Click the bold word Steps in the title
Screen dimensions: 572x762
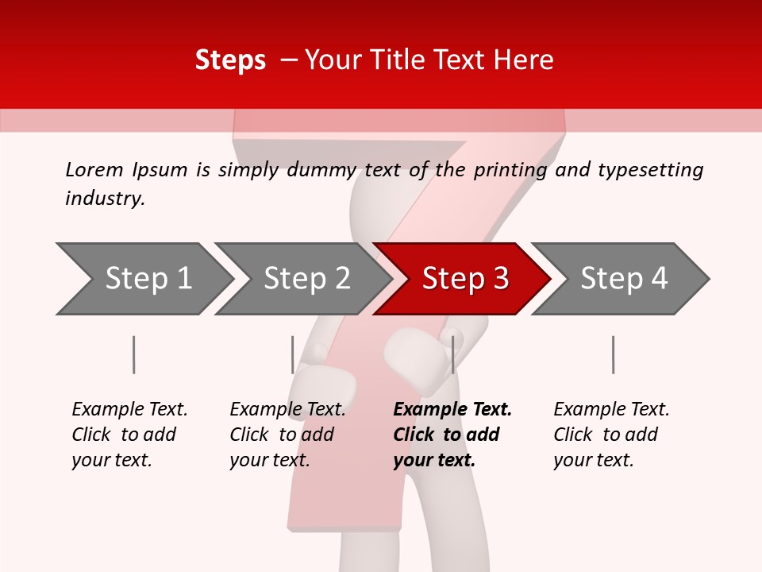(x=230, y=60)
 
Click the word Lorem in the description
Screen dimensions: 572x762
(x=94, y=169)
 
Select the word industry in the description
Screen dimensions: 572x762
(x=104, y=199)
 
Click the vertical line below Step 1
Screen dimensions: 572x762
(x=134, y=354)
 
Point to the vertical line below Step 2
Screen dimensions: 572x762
(x=293, y=354)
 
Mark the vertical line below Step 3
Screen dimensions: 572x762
(x=452, y=354)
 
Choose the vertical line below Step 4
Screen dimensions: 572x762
(x=614, y=354)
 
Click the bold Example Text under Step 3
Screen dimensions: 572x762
(x=452, y=409)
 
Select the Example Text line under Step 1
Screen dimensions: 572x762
(x=129, y=409)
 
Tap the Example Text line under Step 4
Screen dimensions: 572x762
(x=611, y=409)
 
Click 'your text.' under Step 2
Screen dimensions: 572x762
(x=270, y=460)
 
